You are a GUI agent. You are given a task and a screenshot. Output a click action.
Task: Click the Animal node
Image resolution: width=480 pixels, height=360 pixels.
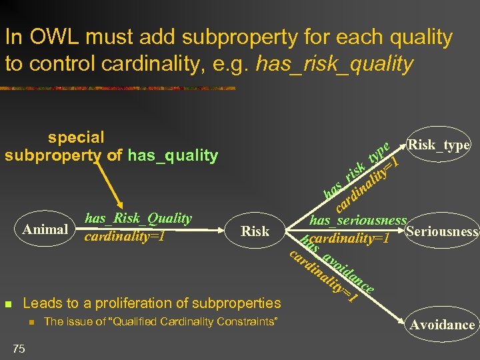point(45,230)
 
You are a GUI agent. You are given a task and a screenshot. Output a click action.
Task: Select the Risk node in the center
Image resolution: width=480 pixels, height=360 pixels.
point(255,231)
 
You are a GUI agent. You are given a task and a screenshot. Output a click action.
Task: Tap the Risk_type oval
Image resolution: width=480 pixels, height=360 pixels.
point(439,145)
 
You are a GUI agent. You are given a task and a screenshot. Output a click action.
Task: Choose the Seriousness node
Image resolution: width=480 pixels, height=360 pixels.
point(442,232)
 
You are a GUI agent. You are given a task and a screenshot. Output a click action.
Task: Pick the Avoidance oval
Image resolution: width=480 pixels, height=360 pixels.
point(442,325)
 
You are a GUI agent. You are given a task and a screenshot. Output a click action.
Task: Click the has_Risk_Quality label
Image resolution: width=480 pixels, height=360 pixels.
point(138,218)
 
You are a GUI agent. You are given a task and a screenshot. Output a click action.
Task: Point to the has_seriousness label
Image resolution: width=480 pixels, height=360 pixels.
point(358,220)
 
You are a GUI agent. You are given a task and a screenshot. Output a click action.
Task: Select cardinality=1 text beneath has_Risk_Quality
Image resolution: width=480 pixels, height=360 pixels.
point(124,237)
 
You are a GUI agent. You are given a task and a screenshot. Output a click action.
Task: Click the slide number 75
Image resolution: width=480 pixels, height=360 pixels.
point(19,348)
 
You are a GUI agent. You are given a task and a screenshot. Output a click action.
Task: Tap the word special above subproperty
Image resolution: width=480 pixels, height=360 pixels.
point(76,137)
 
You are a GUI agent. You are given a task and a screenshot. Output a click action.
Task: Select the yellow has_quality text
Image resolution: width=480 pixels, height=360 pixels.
point(172,156)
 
